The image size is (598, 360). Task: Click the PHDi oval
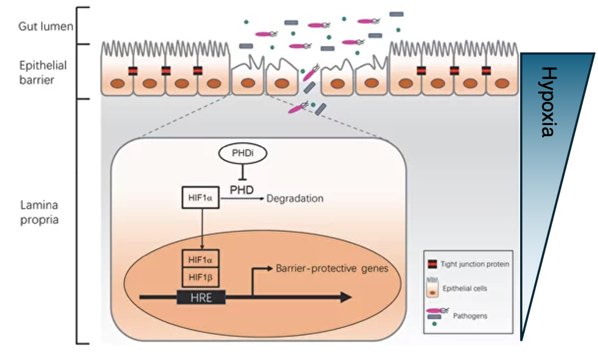pyautogui.click(x=243, y=154)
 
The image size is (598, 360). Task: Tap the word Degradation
pyautogui.click(x=295, y=198)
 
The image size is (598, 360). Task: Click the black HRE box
pyautogui.click(x=201, y=297)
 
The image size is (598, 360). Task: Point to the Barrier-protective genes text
pyautogui.click(x=332, y=268)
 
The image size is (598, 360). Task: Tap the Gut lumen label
pyautogui.click(x=46, y=27)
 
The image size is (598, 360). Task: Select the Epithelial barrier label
pyautogui.click(x=43, y=73)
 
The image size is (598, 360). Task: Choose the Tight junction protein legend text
pyautogui.click(x=474, y=264)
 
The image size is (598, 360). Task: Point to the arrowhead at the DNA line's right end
pyautogui.click(x=346, y=297)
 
